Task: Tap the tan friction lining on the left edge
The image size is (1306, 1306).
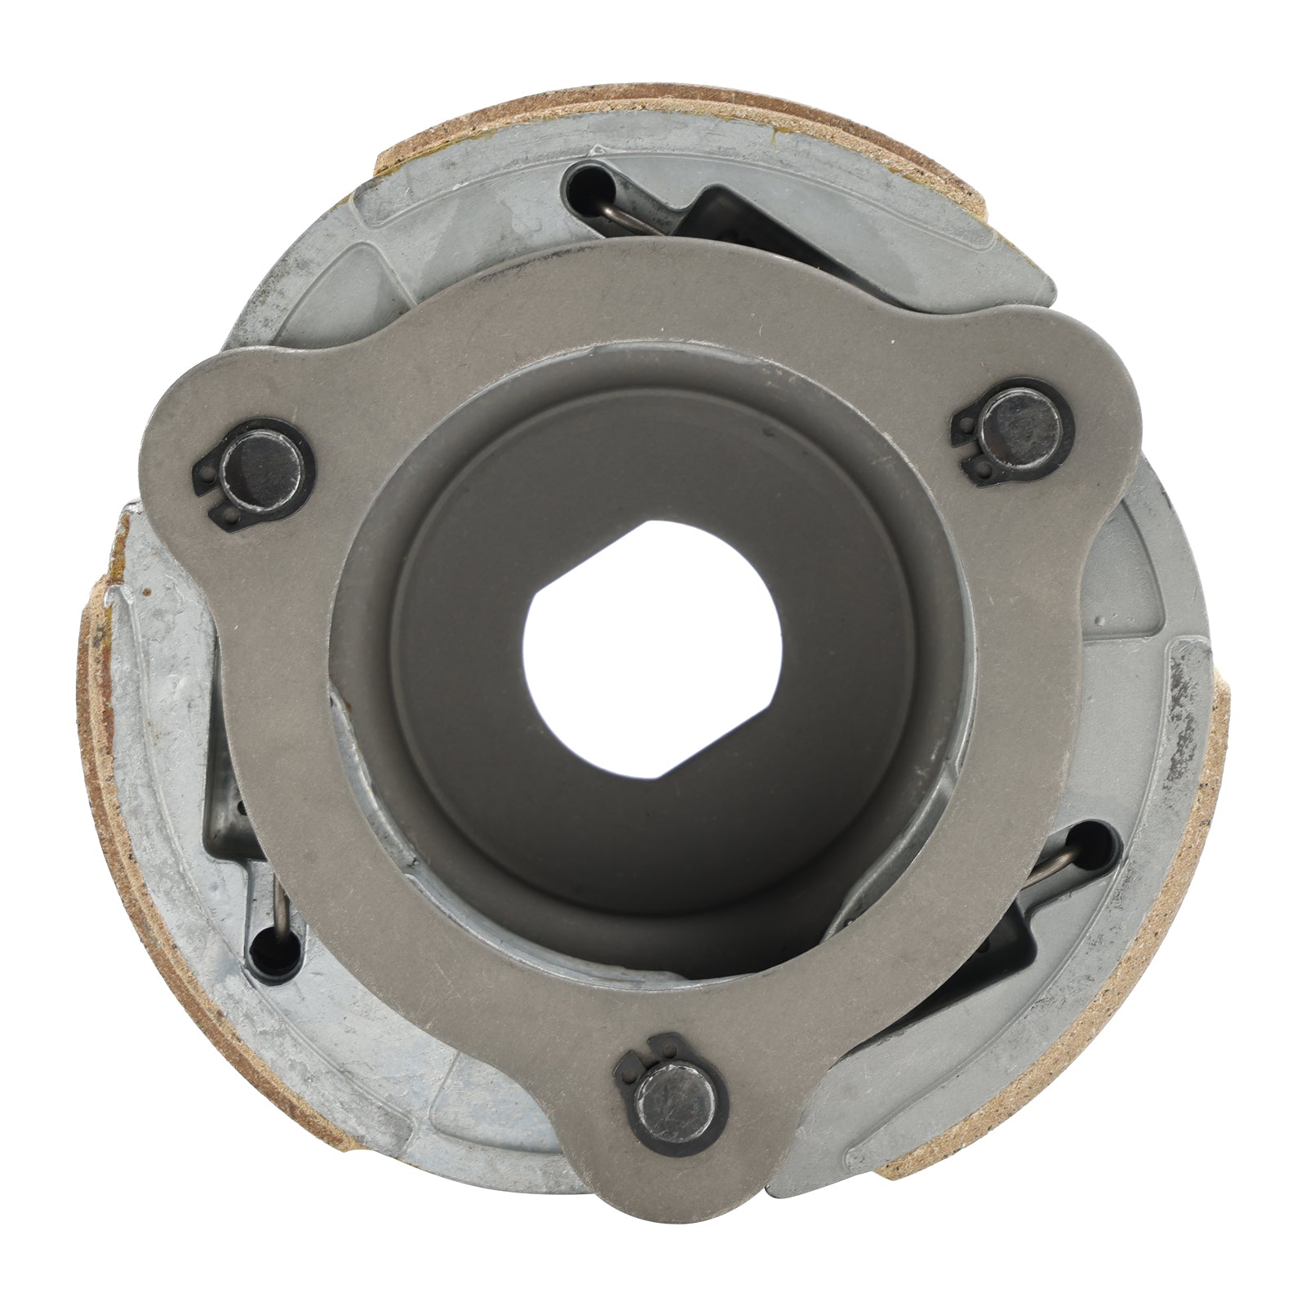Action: (x=102, y=735)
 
